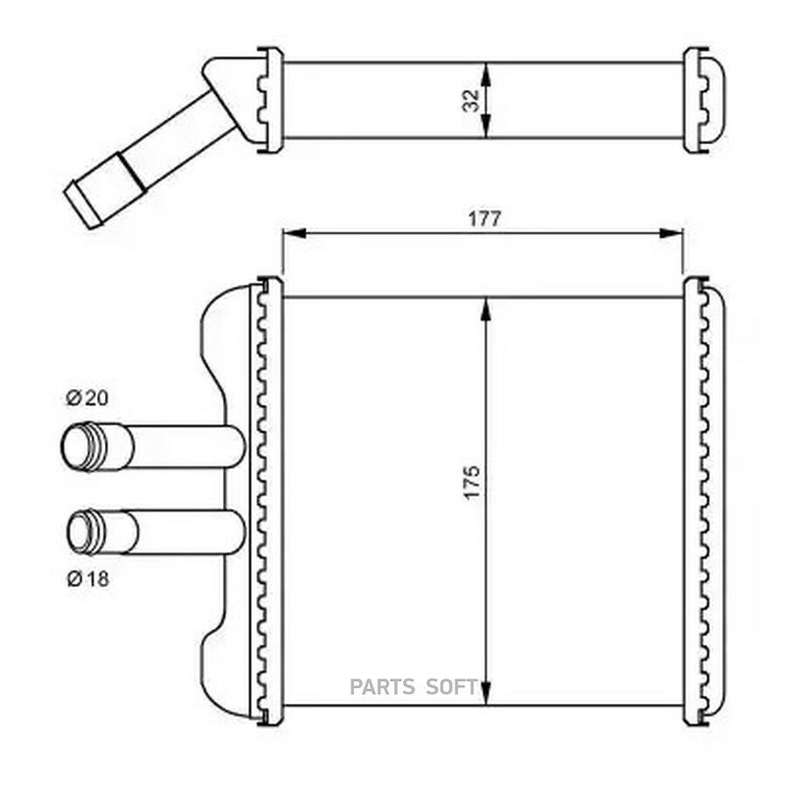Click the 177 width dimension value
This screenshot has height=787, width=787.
pyautogui.click(x=484, y=219)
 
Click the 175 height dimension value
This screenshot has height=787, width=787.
pyautogui.click(x=472, y=483)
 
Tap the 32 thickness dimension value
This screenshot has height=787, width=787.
pyautogui.click(x=472, y=101)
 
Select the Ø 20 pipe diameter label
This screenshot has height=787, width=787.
pyautogui.click(x=87, y=398)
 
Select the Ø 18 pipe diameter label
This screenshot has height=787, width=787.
pyautogui.click(x=87, y=579)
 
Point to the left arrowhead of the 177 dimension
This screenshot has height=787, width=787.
pyautogui.click(x=295, y=233)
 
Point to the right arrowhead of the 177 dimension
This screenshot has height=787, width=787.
pyautogui.click(x=671, y=233)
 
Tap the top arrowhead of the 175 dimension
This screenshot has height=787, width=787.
pyautogui.click(x=485, y=310)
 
